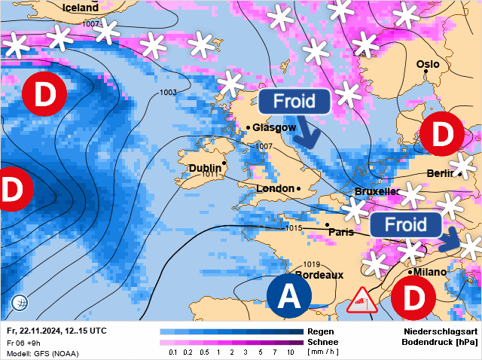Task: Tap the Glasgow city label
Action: pyautogui.click(x=274, y=127)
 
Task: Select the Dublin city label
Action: pyautogui.click(x=205, y=168)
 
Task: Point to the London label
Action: pyautogui.click(x=276, y=188)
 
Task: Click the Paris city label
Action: pyautogui.click(x=341, y=232)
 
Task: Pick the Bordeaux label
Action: pyautogui.click(x=319, y=275)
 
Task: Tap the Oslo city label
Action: pyautogui.click(x=427, y=64)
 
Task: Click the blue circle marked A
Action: pyautogui.click(x=289, y=297)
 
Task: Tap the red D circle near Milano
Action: pyautogui.click(x=414, y=297)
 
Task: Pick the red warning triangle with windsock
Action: pyautogui.click(x=362, y=301)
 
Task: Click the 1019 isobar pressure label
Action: pyautogui.click(x=313, y=264)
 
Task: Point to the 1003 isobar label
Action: pyautogui.click(x=169, y=93)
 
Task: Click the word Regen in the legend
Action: pyautogui.click(x=321, y=331)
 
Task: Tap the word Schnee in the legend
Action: pyautogui.click(x=323, y=342)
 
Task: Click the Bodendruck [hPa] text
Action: pyautogui.click(x=441, y=342)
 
